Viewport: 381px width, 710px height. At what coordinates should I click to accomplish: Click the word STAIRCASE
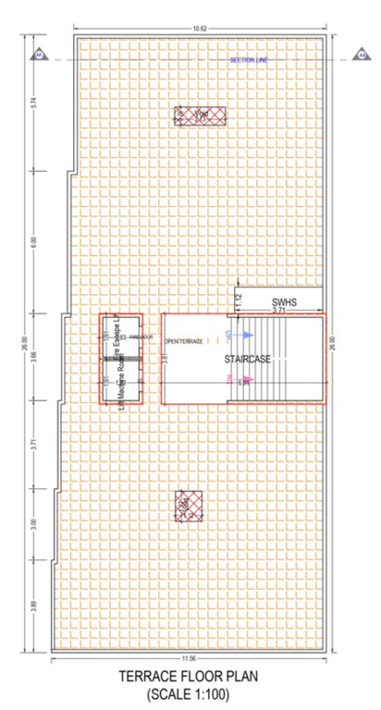[x=245, y=359]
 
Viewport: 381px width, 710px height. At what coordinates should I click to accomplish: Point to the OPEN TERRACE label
[x=183, y=342]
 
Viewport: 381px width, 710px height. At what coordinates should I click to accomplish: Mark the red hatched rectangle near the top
[x=194, y=116]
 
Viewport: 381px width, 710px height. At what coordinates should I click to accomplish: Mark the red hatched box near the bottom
[x=189, y=504]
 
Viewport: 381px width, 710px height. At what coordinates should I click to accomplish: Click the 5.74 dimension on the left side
[x=33, y=104]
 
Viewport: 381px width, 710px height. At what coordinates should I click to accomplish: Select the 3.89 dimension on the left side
[x=33, y=606]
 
